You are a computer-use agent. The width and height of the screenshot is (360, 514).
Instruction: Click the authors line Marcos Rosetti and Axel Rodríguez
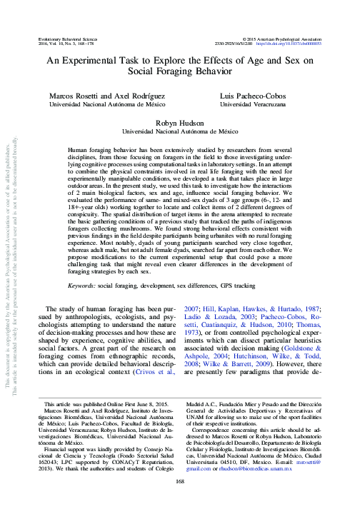pos(98,95)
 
